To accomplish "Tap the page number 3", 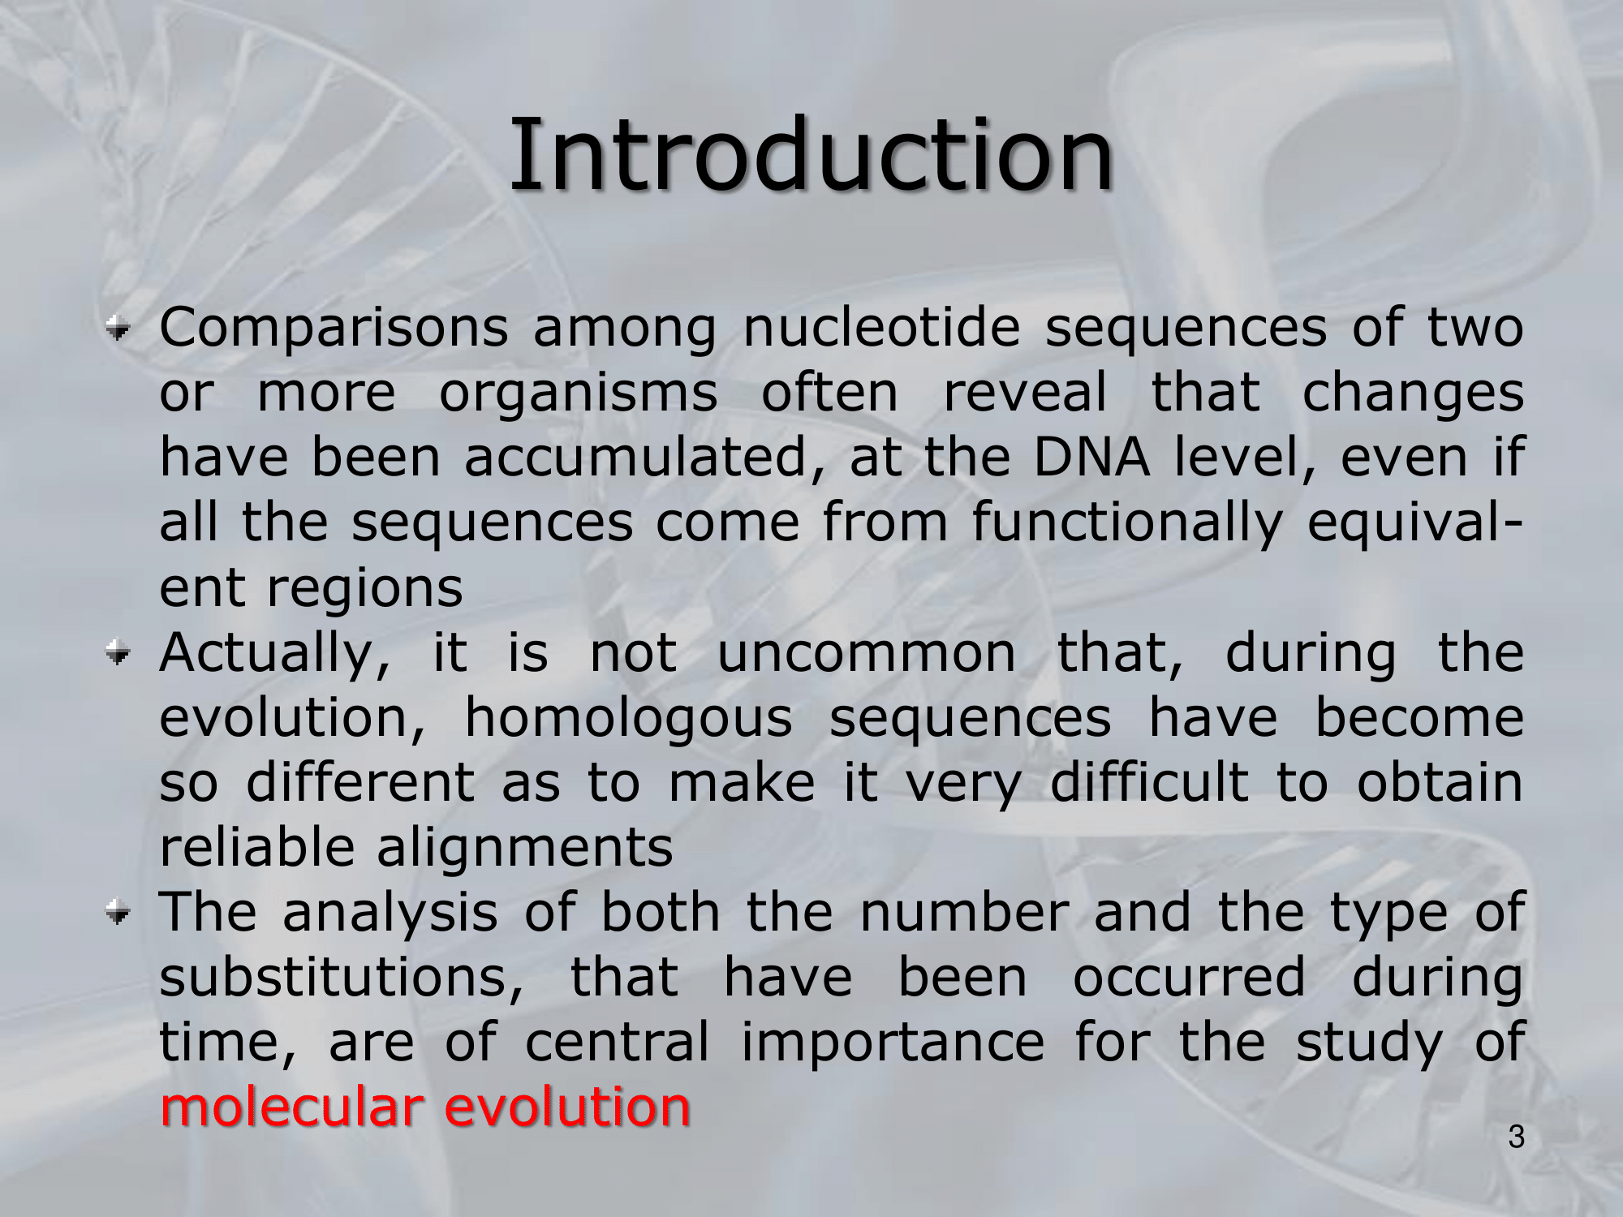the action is [x=1517, y=1137].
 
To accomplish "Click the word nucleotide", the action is [x=881, y=328].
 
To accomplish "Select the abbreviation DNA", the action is [x=1091, y=458].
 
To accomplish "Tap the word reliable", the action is [x=256, y=847].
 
